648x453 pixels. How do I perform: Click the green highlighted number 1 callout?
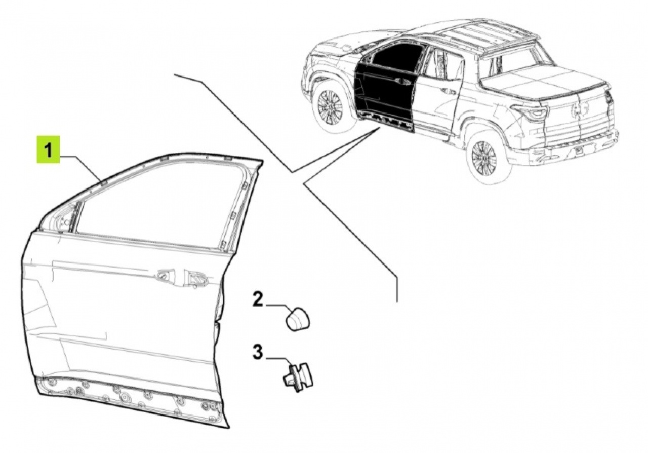point(48,149)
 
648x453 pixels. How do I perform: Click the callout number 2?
point(258,300)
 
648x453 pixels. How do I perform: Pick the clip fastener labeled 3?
point(298,377)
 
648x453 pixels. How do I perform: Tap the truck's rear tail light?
point(531,112)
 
